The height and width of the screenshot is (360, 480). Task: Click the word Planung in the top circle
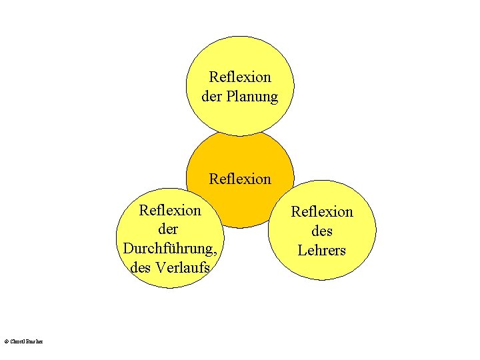tap(252, 97)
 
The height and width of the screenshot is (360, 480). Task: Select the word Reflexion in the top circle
tap(240, 77)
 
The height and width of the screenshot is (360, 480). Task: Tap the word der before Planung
tap(212, 97)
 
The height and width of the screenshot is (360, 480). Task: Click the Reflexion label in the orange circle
tap(240, 179)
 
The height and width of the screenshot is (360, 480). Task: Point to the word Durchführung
tap(169, 249)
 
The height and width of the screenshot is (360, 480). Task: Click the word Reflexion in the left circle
tap(169, 211)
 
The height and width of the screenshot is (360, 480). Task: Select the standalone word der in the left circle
tap(169, 229)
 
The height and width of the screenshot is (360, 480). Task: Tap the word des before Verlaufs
tap(141, 268)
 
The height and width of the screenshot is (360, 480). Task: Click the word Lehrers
tap(322, 251)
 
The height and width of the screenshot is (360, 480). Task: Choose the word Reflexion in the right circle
tap(322, 212)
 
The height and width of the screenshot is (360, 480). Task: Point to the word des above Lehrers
tap(322, 231)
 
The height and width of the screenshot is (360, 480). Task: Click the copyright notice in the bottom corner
tap(23, 341)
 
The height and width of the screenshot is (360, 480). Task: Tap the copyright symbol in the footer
tap(6, 341)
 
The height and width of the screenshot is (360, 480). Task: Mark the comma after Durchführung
tap(216, 252)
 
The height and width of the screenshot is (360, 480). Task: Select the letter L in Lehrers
tap(302, 251)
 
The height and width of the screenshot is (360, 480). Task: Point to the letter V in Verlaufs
tap(159, 268)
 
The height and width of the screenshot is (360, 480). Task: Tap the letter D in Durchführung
tap(128, 249)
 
